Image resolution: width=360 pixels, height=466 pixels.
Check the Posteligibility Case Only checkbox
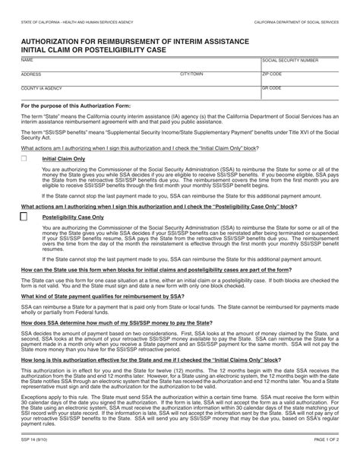pos(24,217)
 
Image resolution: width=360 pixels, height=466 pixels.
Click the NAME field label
pos(27,59)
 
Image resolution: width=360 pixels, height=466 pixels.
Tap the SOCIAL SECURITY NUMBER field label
pos(291,59)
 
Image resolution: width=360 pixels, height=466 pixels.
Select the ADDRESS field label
pos(31,74)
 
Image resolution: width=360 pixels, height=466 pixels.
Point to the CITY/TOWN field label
pos(191,74)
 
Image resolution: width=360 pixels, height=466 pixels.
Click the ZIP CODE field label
pos(272,74)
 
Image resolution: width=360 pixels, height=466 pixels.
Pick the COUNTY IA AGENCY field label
pos(39,88)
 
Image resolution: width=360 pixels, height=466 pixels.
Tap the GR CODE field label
pos(272,88)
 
